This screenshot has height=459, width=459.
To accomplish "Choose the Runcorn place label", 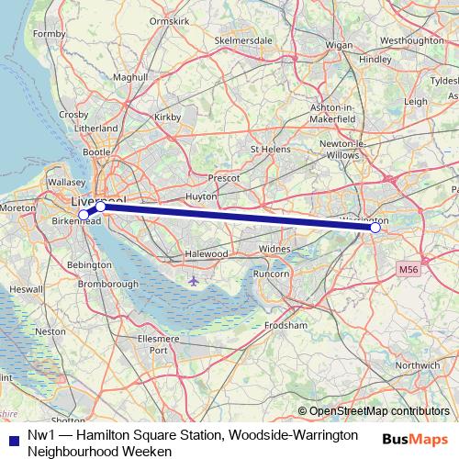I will [x=271, y=274].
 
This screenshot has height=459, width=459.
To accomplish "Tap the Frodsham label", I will [x=284, y=325].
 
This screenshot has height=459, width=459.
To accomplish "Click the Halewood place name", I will [x=206, y=253].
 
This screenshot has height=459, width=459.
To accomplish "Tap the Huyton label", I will [x=201, y=196].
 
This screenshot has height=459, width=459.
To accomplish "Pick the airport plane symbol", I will [x=192, y=280].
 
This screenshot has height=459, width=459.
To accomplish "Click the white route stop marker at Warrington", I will [x=375, y=227].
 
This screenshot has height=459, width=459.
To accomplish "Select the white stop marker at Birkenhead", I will [x=84, y=215].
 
